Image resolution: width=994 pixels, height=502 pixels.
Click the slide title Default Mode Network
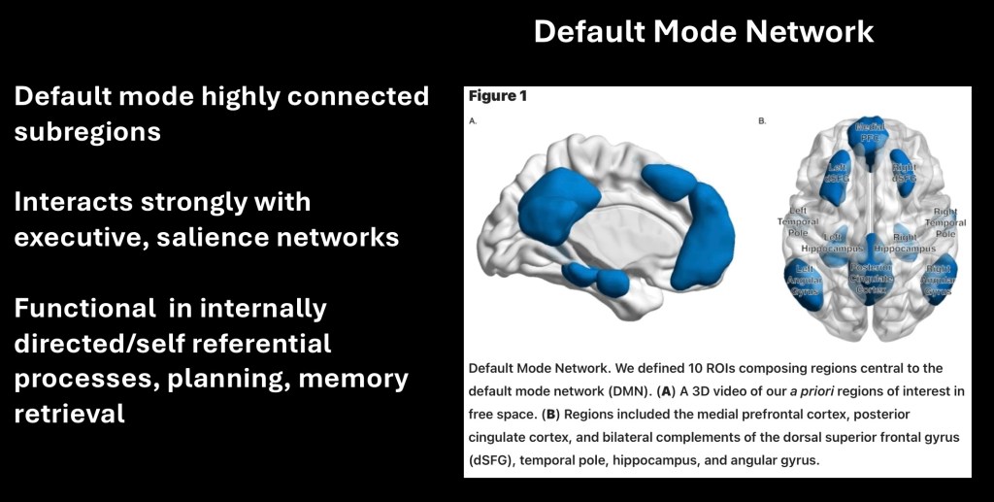703,32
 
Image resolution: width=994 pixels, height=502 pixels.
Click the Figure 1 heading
497,96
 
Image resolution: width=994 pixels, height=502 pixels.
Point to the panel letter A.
473,121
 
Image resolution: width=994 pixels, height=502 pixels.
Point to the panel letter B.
762,121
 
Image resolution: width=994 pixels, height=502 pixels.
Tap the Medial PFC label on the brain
869,133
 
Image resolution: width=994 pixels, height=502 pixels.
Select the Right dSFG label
905,172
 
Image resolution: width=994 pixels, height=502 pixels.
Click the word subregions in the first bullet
87,131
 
